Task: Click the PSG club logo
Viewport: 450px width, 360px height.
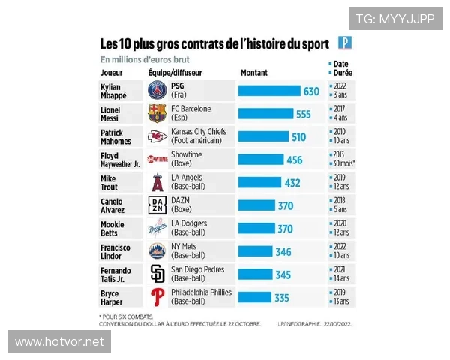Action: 157,91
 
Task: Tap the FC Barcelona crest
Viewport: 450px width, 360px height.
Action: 157,113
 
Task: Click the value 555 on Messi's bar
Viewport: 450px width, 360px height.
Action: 303,114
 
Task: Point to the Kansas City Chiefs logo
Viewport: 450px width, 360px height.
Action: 157,136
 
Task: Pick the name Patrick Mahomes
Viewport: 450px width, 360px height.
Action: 116,136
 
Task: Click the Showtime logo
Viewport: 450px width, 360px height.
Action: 157,160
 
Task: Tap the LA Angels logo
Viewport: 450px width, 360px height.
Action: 157,182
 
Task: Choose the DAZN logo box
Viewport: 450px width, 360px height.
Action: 157,205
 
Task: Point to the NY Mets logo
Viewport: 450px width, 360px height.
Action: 157,250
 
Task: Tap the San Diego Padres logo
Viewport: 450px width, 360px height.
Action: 157,274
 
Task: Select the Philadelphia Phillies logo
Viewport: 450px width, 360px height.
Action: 157,296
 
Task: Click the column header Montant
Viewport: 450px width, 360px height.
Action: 253,73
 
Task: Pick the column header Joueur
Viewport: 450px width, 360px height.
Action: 112,73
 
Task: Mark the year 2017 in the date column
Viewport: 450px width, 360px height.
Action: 340,109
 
